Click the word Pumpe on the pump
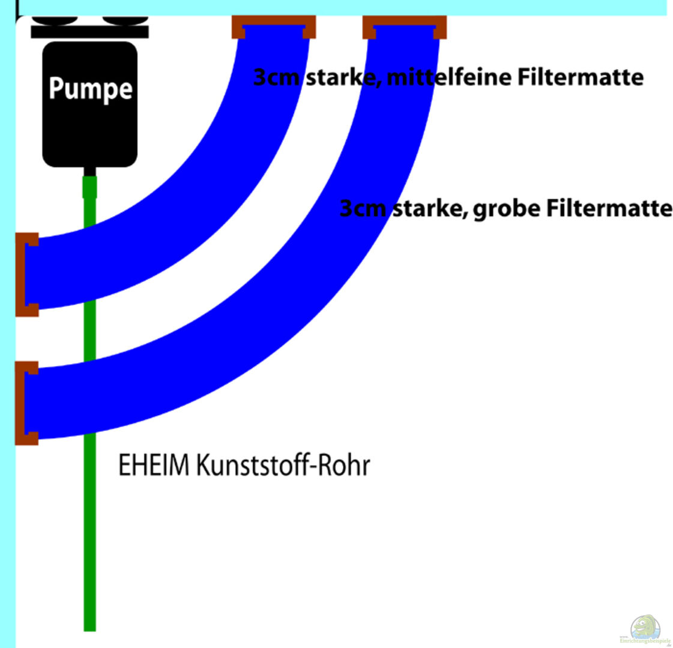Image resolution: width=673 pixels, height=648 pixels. (90, 89)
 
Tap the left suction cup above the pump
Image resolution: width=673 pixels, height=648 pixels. (55, 20)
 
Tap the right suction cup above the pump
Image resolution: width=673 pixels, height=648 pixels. (124, 20)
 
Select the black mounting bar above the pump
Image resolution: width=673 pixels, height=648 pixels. (89, 32)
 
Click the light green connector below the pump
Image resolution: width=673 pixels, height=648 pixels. (89, 187)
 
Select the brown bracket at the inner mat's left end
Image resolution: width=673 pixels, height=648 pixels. (26, 274)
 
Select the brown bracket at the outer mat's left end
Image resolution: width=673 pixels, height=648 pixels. (26, 403)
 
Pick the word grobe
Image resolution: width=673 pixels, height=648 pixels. (507, 209)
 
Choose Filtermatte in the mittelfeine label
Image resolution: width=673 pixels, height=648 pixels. (581, 77)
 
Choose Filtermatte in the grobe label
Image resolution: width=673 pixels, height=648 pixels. (609, 209)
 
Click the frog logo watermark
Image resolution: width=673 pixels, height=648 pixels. (645, 629)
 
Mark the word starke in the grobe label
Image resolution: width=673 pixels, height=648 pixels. (430, 209)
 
